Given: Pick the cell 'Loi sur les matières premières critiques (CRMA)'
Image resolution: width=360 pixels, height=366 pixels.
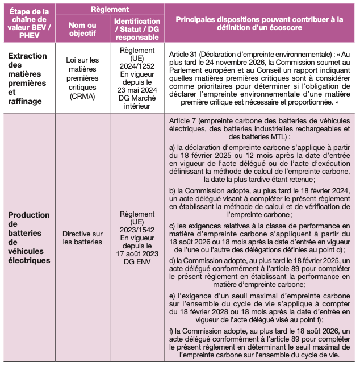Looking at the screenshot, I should click(x=82, y=78).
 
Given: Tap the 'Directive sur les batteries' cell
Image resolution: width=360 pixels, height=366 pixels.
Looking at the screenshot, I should click(x=82, y=238).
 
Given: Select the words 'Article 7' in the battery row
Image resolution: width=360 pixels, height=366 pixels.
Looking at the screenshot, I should click(x=186, y=121).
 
